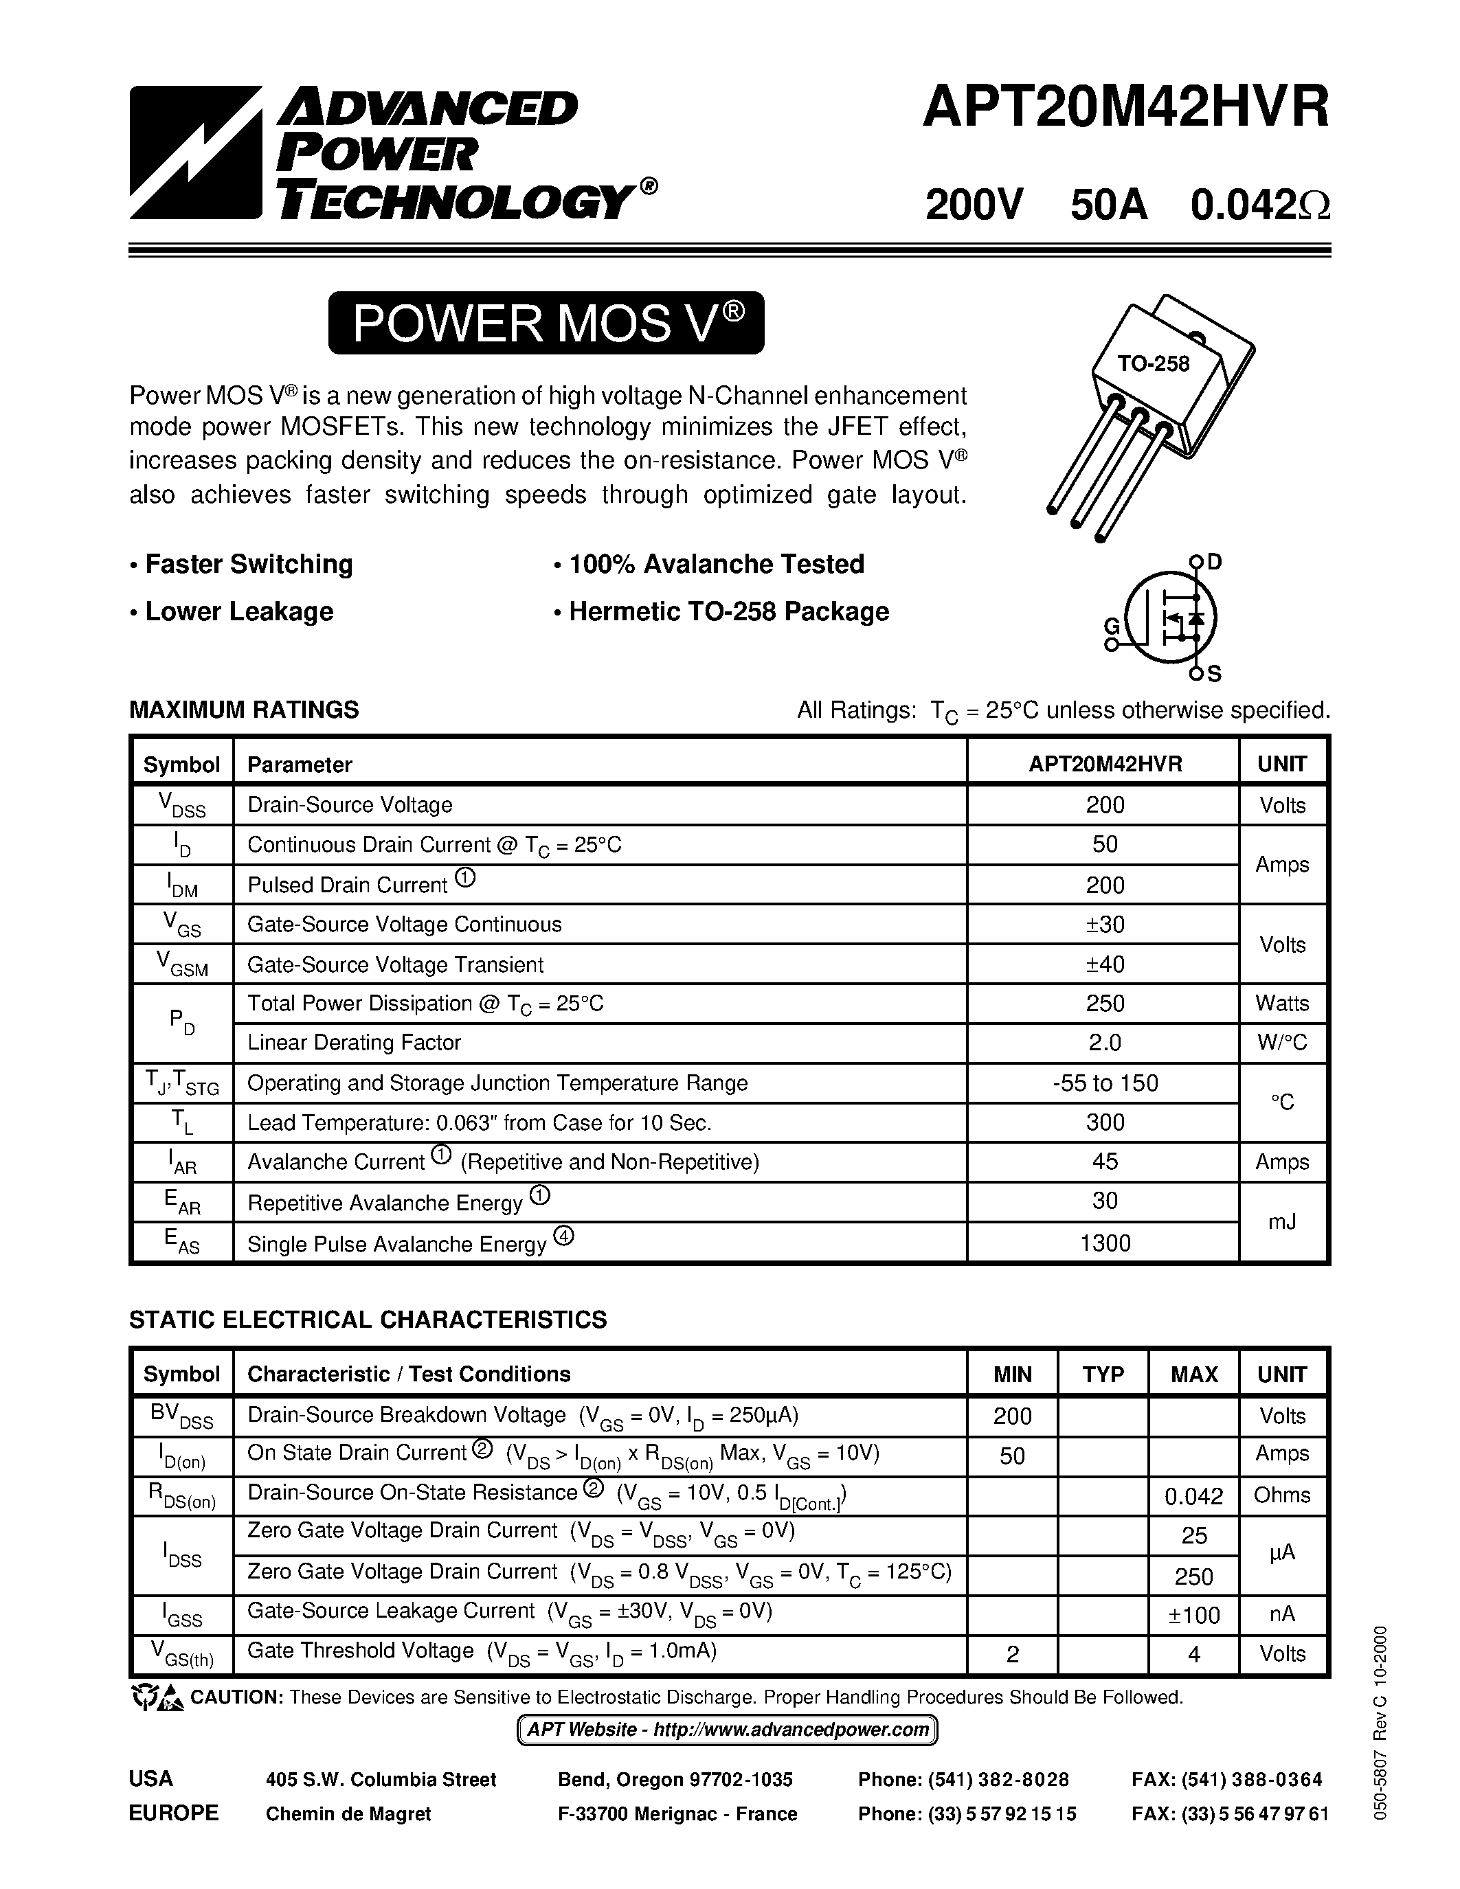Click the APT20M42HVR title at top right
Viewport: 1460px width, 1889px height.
[1125, 110]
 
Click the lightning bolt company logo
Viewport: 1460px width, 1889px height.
[196, 152]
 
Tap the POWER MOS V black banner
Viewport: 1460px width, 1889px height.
[546, 324]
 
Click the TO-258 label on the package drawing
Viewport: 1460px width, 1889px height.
[1153, 363]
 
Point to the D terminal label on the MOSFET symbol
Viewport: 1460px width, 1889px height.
[1214, 562]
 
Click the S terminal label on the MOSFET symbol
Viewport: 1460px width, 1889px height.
[1214, 673]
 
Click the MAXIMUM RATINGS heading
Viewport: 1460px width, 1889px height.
[244, 710]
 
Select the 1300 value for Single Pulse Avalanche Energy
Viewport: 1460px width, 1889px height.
[1105, 1243]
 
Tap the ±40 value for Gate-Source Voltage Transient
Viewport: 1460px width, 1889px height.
[1105, 964]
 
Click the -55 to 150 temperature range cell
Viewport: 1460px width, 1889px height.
[1105, 1083]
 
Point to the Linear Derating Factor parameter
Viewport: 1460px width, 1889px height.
[354, 1042]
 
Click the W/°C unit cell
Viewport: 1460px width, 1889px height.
[1282, 1042]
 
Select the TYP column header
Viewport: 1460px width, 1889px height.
[1103, 1375]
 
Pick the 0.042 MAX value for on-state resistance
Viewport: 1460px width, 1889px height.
[1193, 1495]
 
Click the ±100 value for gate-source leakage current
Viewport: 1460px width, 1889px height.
[1193, 1615]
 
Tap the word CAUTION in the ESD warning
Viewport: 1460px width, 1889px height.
[237, 1697]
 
